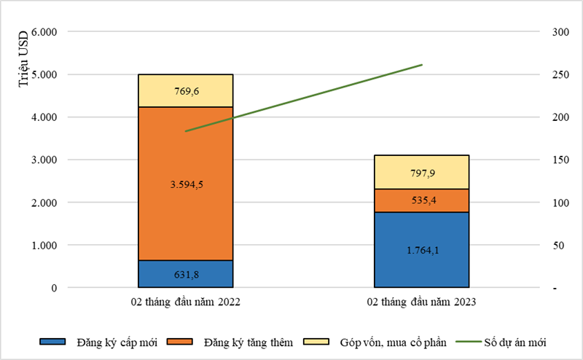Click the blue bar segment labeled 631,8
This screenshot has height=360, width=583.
[x=186, y=274]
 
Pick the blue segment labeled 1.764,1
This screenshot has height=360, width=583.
[x=422, y=250]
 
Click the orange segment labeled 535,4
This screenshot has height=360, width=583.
[x=422, y=200]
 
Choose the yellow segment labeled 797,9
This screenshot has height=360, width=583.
[x=422, y=172]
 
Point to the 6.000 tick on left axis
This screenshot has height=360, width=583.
[x=44, y=32]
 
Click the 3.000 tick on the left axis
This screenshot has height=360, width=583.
[x=44, y=160]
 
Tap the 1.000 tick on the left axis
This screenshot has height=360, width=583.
[x=44, y=246]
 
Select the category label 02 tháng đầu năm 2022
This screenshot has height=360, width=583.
[x=186, y=301]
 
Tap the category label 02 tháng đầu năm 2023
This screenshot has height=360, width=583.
[x=422, y=301]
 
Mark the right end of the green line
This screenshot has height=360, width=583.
[x=422, y=65]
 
